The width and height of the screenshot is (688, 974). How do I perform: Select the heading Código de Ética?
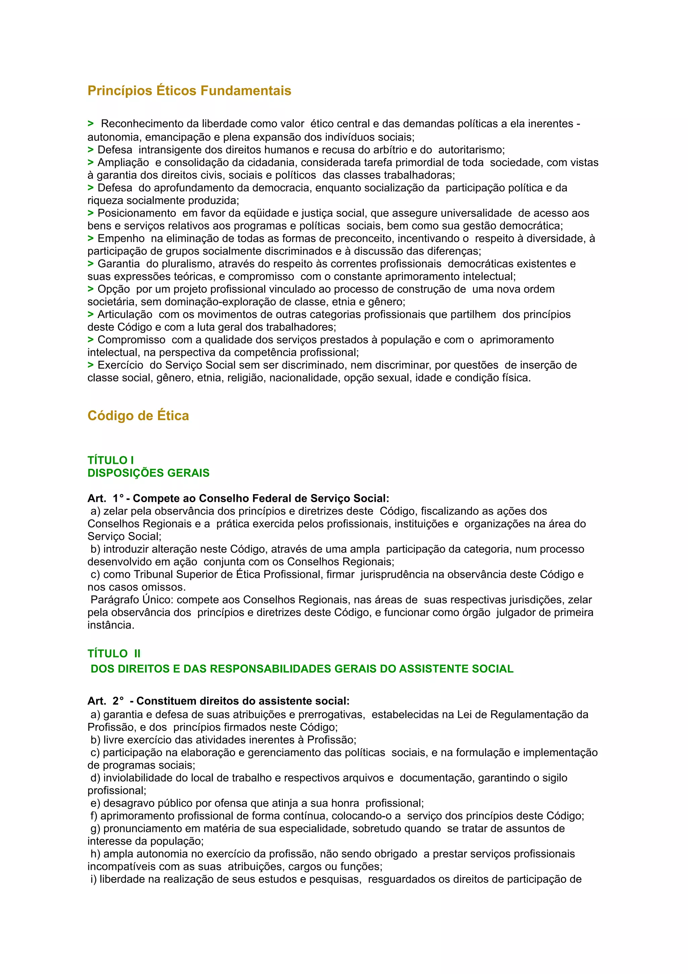tap(138, 416)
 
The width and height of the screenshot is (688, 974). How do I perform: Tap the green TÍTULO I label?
tap(111, 460)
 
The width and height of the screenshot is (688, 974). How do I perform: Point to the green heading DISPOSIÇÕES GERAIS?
tap(148, 473)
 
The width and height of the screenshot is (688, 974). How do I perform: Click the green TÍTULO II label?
tap(114, 654)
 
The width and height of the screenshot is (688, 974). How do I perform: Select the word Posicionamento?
tap(136, 213)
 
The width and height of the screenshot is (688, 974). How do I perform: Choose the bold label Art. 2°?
tap(105, 701)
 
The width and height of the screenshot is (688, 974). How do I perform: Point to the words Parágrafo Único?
tap(131, 600)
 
